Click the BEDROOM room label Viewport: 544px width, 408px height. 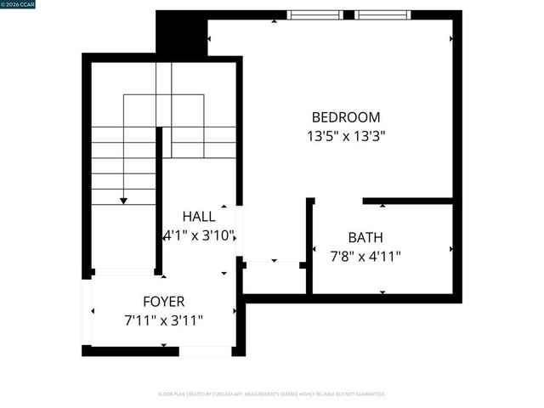pyautogui.click(x=346, y=117)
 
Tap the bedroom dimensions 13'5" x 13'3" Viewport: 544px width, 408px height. pyautogui.click(x=346, y=135)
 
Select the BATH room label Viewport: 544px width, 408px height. pyautogui.click(x=365, y=237)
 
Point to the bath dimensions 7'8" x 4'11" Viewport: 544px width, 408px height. pyautogui.click(x=365, y=255)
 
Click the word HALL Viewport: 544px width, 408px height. pyautogui.click(x=198, y=218)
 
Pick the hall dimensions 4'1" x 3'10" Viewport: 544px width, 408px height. pyautogui.click(x=199, y=235)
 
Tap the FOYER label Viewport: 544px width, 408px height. pyautogui.click(x=163, y=302)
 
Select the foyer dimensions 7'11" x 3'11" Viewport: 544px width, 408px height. pyautogui.click(x=163, y=320)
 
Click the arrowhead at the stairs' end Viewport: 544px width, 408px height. pyautogui.click(x=124, y=201)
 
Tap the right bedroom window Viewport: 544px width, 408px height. pyautogui.click(x=382, y=14)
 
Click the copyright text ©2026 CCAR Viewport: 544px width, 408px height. pyautogui.click(x=18, y=4)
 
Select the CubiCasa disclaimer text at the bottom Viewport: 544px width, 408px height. pyautogui.click(x=272, y=394)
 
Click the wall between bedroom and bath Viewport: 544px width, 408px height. pyautogui.click(x=408, y=201)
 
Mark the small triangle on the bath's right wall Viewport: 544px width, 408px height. pyautogui.click(x=451, y=249)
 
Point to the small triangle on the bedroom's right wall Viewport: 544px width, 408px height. pyautogui.click(x=451, y=38)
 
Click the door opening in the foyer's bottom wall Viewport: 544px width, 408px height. pyautogui.click(x=205, y=351)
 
